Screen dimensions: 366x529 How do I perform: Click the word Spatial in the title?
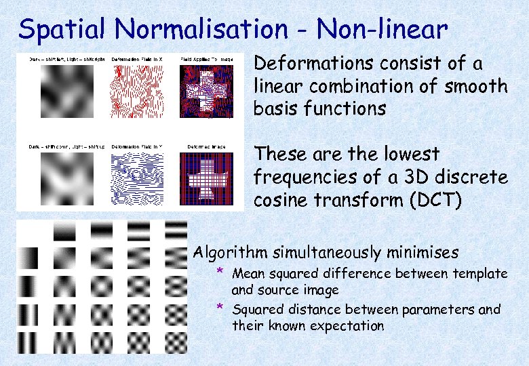[62, 30]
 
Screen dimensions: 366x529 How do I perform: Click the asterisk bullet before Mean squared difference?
[220, 272]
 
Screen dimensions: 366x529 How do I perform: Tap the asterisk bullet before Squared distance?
[220, 308]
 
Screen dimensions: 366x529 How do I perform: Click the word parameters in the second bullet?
[441, 310]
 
